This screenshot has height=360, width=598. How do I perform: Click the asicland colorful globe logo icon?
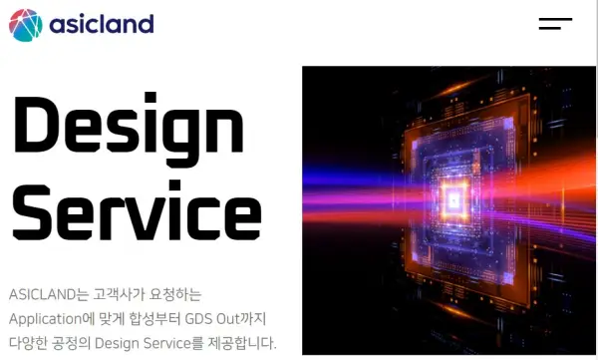pos(26,24)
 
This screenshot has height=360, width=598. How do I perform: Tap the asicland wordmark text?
pos(102,23)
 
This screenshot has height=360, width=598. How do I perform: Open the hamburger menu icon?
pos(555,23)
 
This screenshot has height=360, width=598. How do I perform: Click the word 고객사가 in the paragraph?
pos(119,295)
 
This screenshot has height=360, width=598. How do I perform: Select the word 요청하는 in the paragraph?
pos(176,295)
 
